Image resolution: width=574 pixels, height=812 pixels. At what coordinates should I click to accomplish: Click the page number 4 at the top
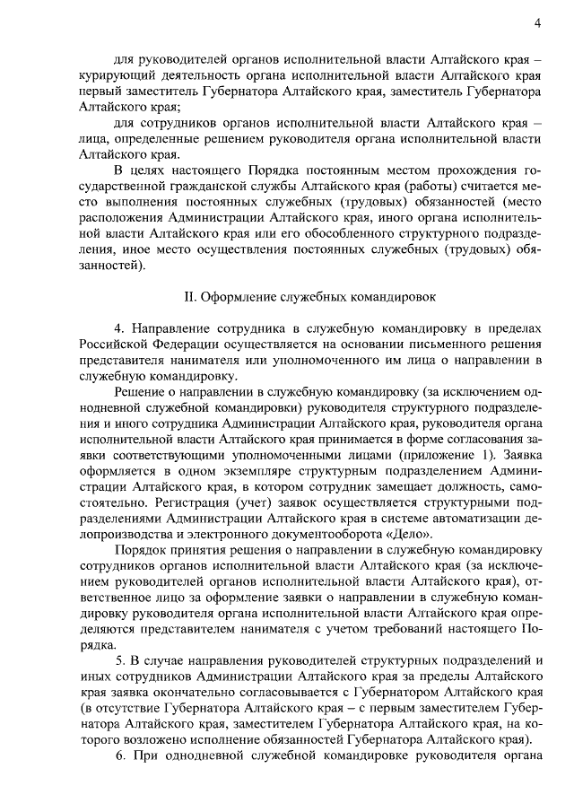(537, 23)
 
